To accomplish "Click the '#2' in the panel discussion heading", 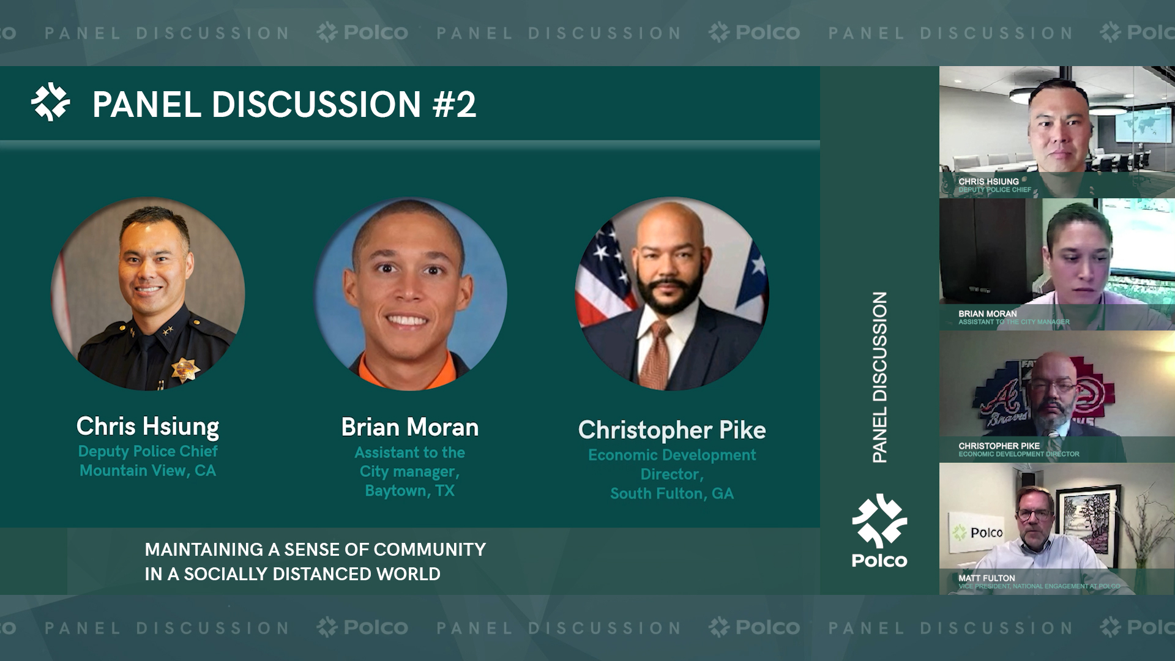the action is pos(454,104).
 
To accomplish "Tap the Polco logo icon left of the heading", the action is pos(51,102).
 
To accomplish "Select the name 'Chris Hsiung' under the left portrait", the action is pos(147,427).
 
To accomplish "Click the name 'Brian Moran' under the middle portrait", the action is pos(410,427).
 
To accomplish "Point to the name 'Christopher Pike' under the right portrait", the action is pos(672,430).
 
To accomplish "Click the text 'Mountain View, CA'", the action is pos(147,470).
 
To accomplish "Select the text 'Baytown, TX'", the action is pos(410,490).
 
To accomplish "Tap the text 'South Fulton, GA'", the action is pos(672,493).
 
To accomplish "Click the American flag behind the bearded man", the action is pos(606,275).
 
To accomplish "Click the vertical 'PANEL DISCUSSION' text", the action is pos(879,377).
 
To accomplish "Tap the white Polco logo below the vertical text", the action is pos(879,530).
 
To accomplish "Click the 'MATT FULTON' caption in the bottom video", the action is pos(987,578).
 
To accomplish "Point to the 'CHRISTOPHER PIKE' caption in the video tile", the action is pos(999,446).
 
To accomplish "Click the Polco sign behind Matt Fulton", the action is pos(977,532).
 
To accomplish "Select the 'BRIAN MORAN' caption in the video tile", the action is pos(987,313).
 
